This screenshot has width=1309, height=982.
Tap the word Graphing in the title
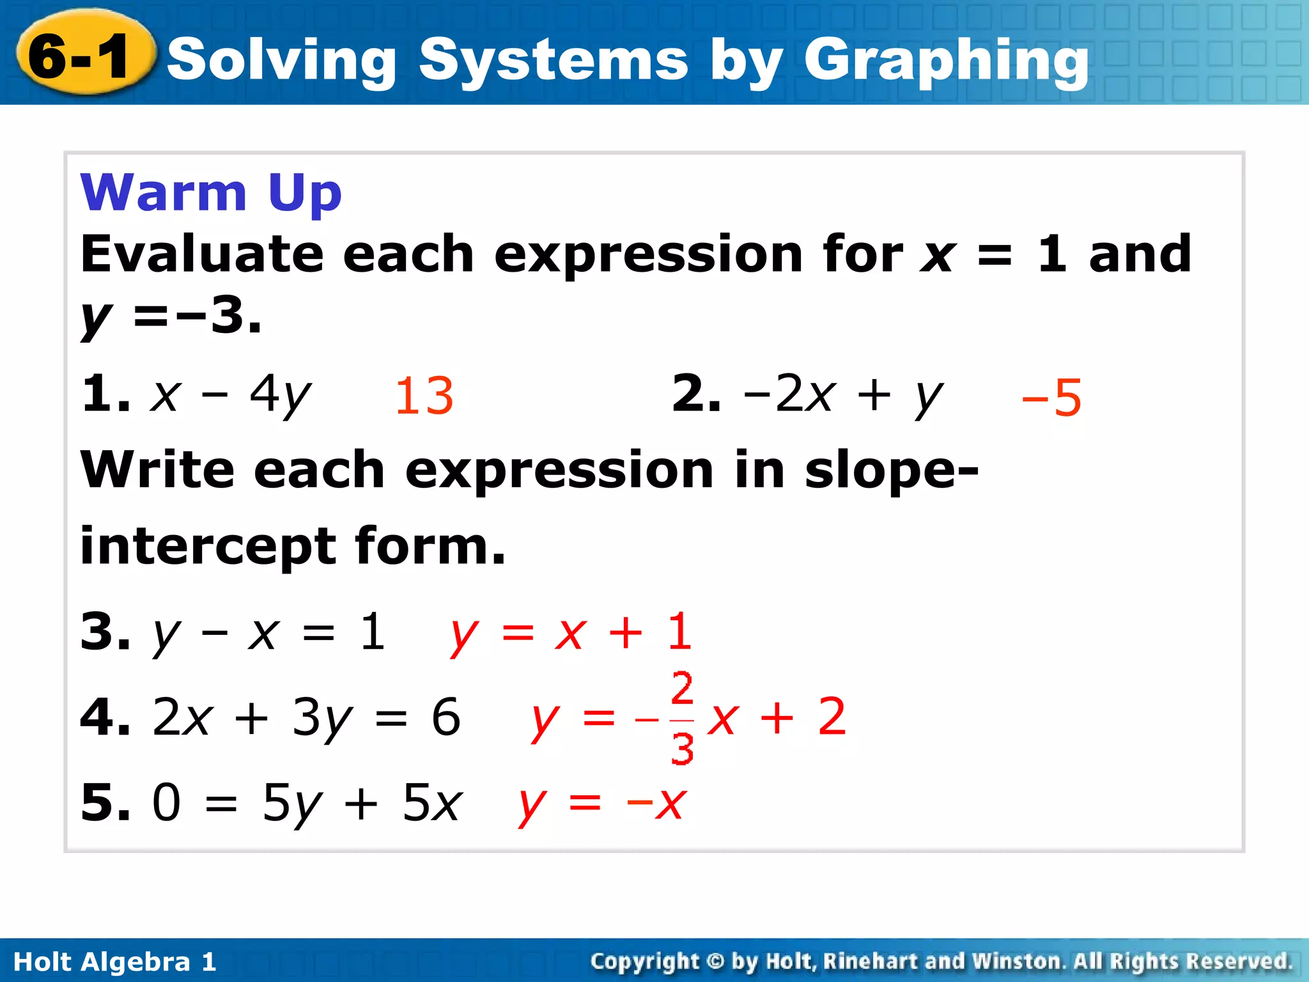coord(946,61)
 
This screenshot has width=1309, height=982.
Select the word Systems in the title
coord(554,61)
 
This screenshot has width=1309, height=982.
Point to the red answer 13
coord(424,396)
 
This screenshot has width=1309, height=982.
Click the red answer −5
coord(1051,398)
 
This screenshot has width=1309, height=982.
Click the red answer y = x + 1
coord(571,632)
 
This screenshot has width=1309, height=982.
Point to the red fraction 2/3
coord(683,718)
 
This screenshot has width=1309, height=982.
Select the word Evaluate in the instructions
coord(201,254)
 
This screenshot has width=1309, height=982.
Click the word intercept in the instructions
coord(208,547)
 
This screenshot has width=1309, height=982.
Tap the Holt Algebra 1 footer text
coord(115,962)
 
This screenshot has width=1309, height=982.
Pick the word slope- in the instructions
coord(891,470)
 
